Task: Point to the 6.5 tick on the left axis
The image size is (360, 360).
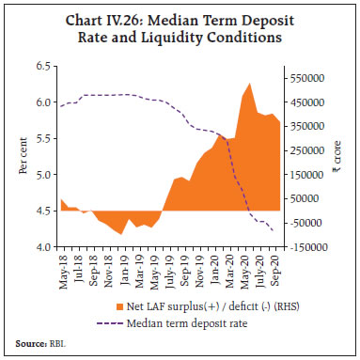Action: pos(42,66)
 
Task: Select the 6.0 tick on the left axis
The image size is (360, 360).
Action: pos(42,102)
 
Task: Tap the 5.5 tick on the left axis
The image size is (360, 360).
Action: pos(42,139)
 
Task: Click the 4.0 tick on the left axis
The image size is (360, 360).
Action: pos(42,248)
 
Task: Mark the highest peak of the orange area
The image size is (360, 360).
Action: pos(248,84)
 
